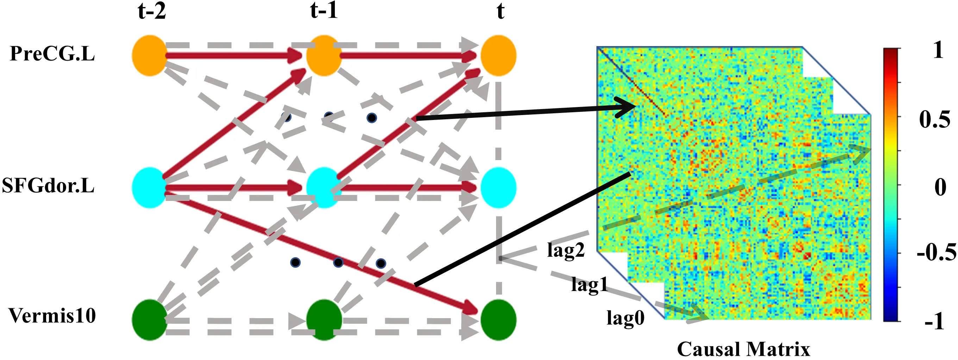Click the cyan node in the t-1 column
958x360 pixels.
324,188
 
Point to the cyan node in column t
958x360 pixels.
498,188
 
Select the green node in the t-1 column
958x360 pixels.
324,320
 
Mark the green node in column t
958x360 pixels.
498,320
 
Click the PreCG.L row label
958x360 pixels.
52,54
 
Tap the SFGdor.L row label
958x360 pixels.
48,185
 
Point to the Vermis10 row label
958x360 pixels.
52,316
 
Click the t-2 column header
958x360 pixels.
152,11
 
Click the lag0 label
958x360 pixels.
626,318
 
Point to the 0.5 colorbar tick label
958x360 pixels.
934,120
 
